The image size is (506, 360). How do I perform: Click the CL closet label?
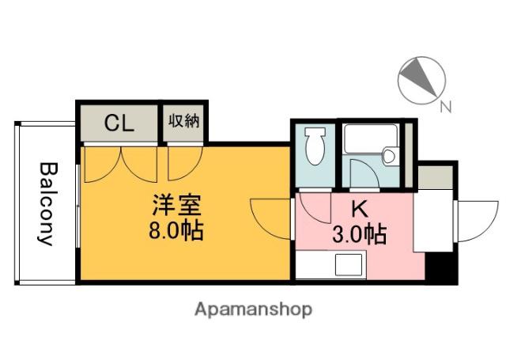pyautogui.click(x=119, y=123)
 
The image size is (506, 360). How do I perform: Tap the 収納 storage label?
pyautogui.click(x=184, y=122)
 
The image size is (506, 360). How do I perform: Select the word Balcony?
pyautogui.click(x=48, y=204)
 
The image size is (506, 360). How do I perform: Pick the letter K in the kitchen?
pyautogui.click(x=359, y=210)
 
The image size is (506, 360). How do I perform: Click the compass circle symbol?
pyautogui.click(x=418, y=80)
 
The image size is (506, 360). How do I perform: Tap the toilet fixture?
pyautogui.click(x=315, y=146)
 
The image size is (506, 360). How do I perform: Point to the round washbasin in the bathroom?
pyautogui.click(x=389, y=157)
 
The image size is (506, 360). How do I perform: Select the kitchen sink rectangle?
pyautogui.click(x=348, y=264)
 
